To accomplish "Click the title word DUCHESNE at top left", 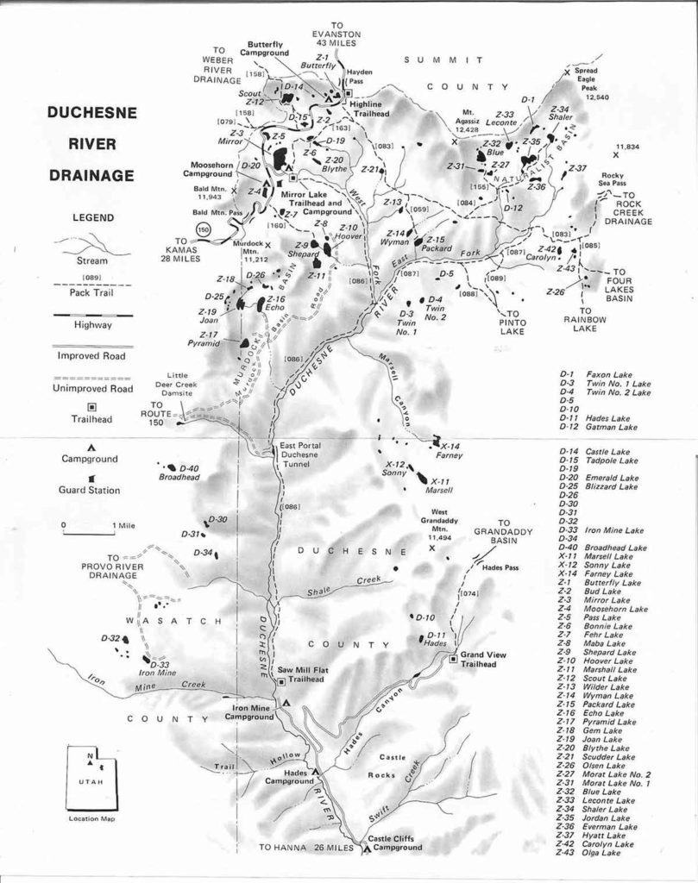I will (91, 112).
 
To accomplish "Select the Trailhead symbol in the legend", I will (92, 406).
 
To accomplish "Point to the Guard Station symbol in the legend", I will (91, 477).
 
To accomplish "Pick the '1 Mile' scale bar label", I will (114, 524).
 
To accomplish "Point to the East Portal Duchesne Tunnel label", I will (302, 454).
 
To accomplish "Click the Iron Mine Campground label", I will (249, 711).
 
